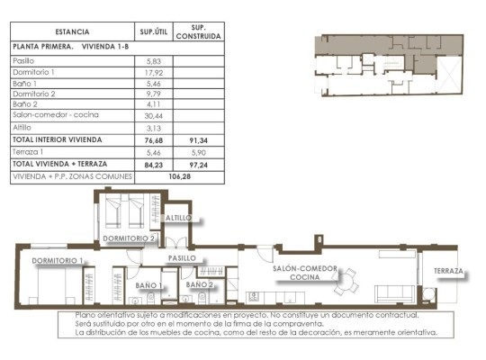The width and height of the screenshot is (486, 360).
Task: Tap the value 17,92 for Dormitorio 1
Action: (x=153, y=72)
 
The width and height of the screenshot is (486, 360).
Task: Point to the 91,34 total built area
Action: (x=198, y=140)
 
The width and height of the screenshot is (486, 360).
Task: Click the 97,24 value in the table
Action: (x=198, y=165)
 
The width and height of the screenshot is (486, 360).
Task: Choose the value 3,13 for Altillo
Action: (x=153, y=128)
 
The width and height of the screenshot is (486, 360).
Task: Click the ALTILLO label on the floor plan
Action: (x=179, y=218)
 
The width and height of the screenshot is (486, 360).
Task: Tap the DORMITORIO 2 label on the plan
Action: (x=130, y=238)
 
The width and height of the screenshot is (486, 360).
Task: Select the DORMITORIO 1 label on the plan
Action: (x=58, y=261)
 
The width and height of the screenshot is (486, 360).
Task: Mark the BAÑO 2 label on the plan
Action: (x=200, y=284)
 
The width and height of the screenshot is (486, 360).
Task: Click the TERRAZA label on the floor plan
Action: (x=447, y=271)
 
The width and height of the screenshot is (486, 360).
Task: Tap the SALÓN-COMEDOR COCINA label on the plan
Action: (x=305, y=273)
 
